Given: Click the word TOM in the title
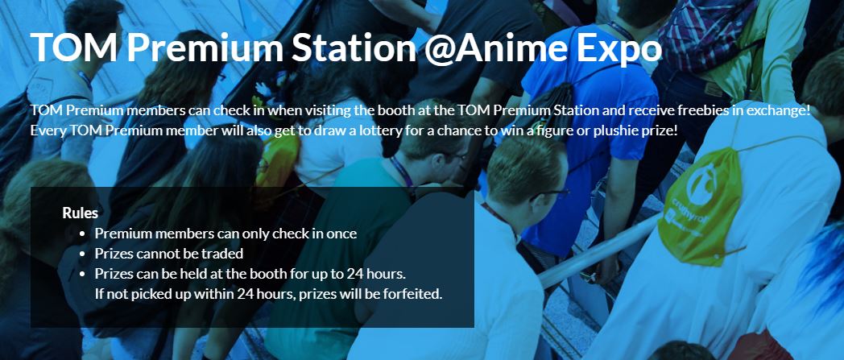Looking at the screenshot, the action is (x=74, y=48).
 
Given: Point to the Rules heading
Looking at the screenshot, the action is (x=81, y=213).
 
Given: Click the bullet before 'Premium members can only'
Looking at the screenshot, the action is (x=82, y=234).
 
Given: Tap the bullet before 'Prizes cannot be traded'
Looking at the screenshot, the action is (x=82, y=254).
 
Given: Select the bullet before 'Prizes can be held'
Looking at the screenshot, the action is (x=82, y=274).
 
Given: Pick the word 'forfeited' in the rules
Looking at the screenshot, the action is (x=415, y=294).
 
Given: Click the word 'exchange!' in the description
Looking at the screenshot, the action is (x=784, y=111).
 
